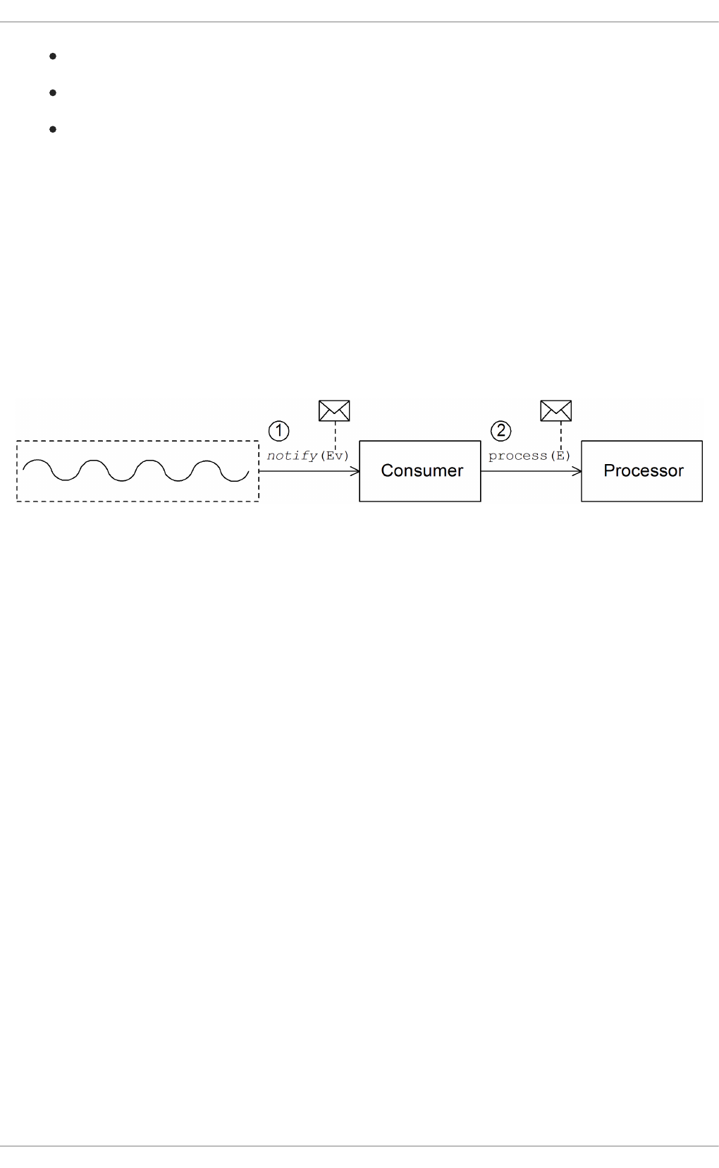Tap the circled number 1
279,430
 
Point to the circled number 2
500,430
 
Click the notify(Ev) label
307,456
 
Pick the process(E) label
529,456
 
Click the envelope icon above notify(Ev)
334,410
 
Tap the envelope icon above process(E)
555,410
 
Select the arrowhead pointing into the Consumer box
356,471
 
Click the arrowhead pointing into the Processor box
577,471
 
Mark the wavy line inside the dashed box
136,470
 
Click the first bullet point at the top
53,56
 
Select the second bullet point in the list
53,92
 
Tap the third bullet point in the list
53,129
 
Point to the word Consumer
422,470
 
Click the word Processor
643,470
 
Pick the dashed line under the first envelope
335,434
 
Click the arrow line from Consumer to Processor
529,471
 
